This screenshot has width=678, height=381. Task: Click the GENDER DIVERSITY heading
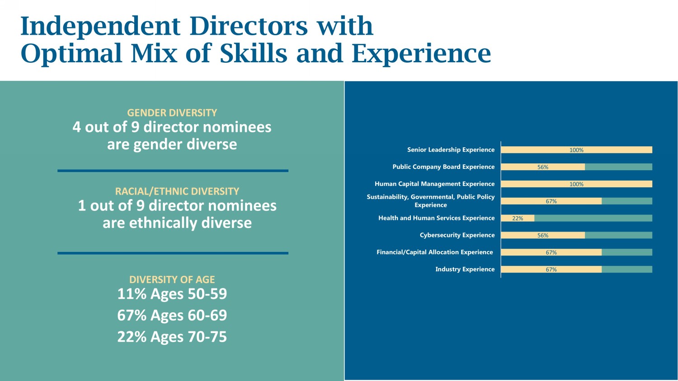click(x=172, y=113)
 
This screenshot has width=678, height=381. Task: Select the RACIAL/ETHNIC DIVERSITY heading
click(x=177, y=191)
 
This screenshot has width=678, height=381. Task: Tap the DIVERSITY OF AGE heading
click(x=172, y=279)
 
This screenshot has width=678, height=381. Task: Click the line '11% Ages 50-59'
click(x=172, y=293)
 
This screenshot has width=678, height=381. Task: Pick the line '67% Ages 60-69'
click(x=172, y=315)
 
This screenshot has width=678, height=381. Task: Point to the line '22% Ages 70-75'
click(x=172, y=337)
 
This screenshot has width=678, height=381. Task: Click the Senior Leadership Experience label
click(x=451, y=150)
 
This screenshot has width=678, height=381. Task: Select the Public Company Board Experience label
click(x=443, y=167)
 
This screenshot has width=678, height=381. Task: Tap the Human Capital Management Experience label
click(x=435, y=184)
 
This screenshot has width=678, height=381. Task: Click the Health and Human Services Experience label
click(x=437, y=218)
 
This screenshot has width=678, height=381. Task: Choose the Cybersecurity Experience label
click(x=457, y=235)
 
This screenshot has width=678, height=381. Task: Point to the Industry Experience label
click(x=465, y=269)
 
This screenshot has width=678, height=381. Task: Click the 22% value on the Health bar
click(x=518, y=218)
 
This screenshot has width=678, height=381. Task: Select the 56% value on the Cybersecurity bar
click(x=543, y=235)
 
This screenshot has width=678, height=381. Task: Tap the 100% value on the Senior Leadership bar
click(x=576, y=150)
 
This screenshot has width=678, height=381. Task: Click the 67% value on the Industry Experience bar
click(x=551, y=269)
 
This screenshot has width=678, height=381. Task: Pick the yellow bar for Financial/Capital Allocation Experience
click(x=551, y=252)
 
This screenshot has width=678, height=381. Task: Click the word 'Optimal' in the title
click(x=71, y=54)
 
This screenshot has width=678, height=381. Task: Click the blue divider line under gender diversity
click(x=173, y=171)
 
